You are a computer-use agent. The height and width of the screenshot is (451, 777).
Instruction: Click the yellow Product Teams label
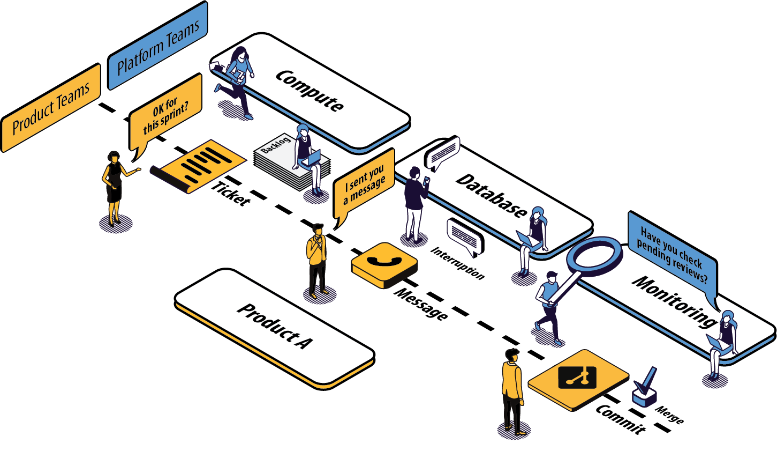click(x=51, y=108)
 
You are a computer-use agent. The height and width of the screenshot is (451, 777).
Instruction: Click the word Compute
click(x=310, y=91)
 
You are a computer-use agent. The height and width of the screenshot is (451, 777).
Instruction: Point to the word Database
click(x=492, y=196)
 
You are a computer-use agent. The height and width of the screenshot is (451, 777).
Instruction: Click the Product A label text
click(x=274, y=326)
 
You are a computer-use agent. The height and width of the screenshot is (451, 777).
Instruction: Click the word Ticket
click(x=231, y=194)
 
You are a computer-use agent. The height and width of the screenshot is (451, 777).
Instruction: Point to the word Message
click(x=421, y=305)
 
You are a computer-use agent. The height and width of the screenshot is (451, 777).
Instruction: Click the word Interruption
click(x=458, y=263)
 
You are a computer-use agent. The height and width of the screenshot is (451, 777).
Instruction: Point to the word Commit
click(x=621, y=418)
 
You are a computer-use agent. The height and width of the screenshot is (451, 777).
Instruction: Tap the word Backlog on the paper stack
click(x=276, y=145)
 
